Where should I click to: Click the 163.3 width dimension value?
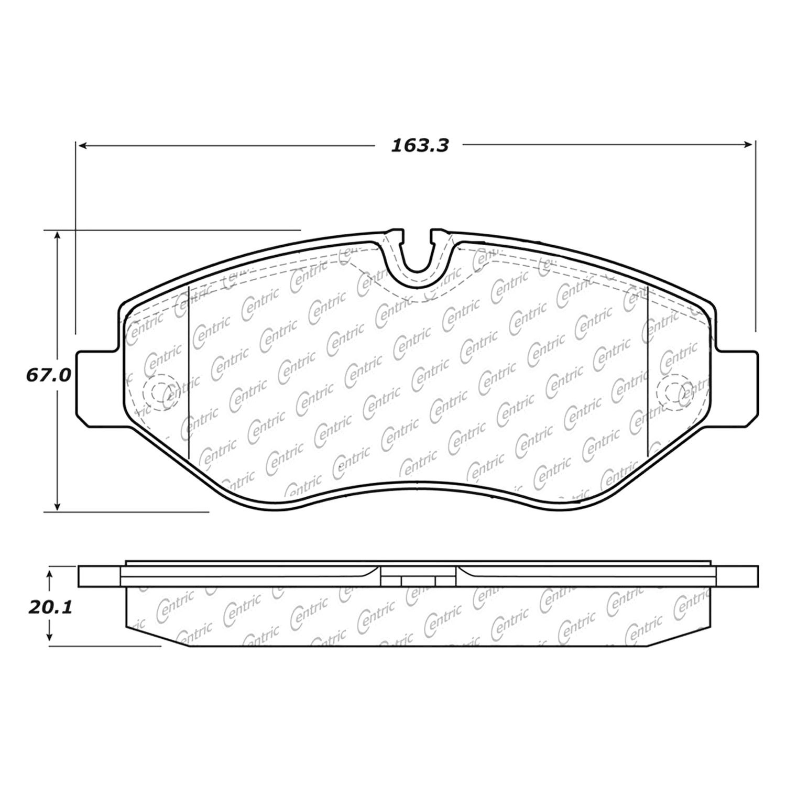coord(420,145)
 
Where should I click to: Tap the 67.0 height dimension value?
coord(48,375)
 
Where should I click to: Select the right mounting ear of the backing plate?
coord(734,385)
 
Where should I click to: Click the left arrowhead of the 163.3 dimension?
coord(83,145)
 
